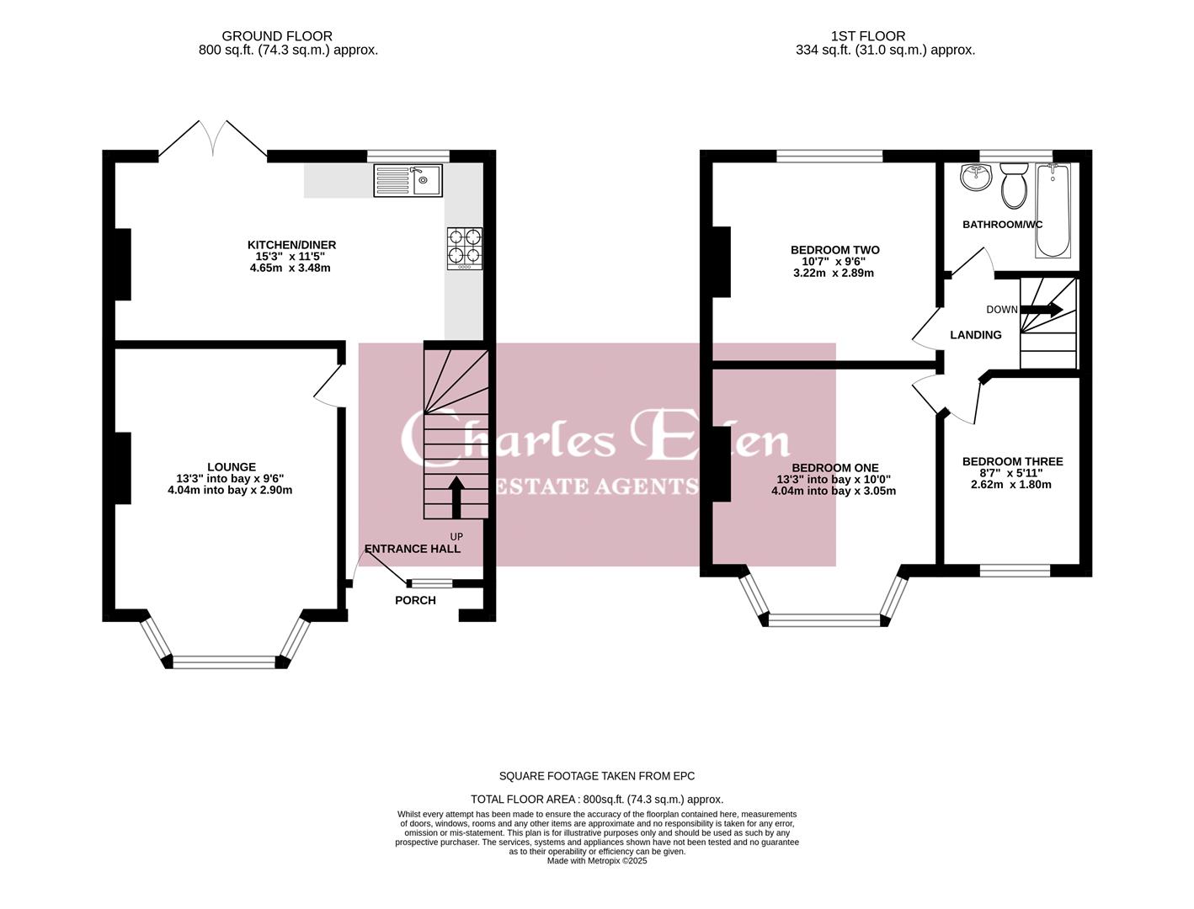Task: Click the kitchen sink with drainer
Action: pos(408,180)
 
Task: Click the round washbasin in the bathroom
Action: pos(977,178)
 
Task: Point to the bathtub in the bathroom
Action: pos(1053,210)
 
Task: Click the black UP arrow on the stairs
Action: pos(456,497)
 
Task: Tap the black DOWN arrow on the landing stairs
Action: pos(1041,310)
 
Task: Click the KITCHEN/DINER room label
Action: pos(291,245)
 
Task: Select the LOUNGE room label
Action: pos(232,466)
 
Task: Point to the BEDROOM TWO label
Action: pos(834,249)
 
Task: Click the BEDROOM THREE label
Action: pos(1012,461)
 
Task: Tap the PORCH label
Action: pos(415,600)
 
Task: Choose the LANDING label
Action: pos(975,335)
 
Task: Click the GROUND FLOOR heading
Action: pos(277,36)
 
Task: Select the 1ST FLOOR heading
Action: pos(867,36)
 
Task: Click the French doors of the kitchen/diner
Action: pos(212,139)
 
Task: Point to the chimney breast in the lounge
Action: pos(123,468)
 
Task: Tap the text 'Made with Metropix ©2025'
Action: pos(597,861)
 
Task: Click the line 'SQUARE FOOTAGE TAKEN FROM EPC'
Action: pos(597,776)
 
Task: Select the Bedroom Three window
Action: pos(1015,571)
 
